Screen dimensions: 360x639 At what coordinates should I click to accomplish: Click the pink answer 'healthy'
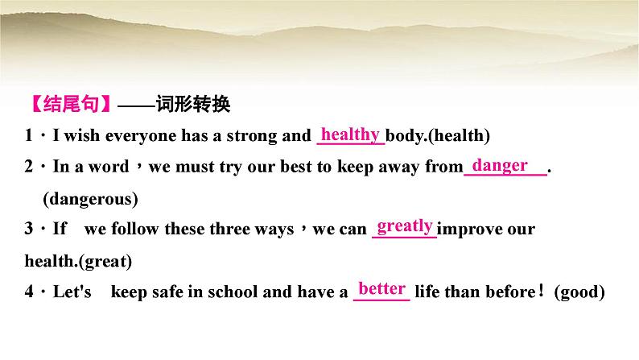coord(350,134)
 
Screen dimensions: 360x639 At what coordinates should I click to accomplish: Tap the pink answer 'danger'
coord(500,165)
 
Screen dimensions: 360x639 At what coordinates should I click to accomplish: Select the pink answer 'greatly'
coord(406,226)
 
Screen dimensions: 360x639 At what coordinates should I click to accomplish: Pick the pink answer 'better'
coord(382,288)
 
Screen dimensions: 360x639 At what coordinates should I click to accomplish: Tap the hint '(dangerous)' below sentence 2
coord(90,198)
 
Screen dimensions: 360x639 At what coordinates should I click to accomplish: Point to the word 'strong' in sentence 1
coord(249,136)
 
